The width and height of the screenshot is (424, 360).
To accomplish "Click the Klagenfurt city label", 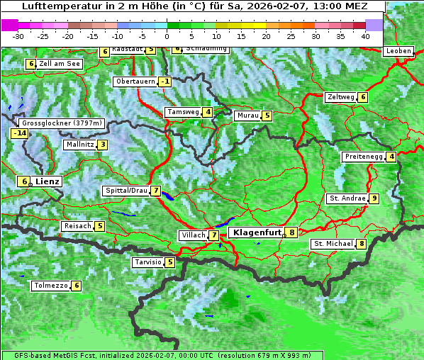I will (255, 232).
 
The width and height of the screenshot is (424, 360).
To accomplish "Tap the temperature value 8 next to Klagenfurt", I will (291, 232).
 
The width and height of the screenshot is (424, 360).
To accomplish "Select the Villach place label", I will (192, 235).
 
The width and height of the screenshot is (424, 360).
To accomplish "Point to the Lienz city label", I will (47, 181).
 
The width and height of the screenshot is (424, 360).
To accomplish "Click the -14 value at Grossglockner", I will (19, 133).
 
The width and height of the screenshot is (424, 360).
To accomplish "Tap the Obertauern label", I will (135, 81).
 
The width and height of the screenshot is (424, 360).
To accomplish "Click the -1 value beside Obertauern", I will (165, 81).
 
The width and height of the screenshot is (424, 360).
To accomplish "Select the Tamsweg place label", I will (182, 112).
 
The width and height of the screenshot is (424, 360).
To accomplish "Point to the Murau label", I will (247, 116).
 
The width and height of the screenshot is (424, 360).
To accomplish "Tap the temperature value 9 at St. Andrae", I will (374, 198).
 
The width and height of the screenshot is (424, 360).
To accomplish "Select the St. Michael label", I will (333, 244).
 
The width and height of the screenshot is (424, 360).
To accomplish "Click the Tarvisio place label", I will (147, 262).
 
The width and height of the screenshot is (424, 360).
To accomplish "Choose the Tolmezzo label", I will (50, 286).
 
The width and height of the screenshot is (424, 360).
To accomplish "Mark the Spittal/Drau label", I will (126, 191).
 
